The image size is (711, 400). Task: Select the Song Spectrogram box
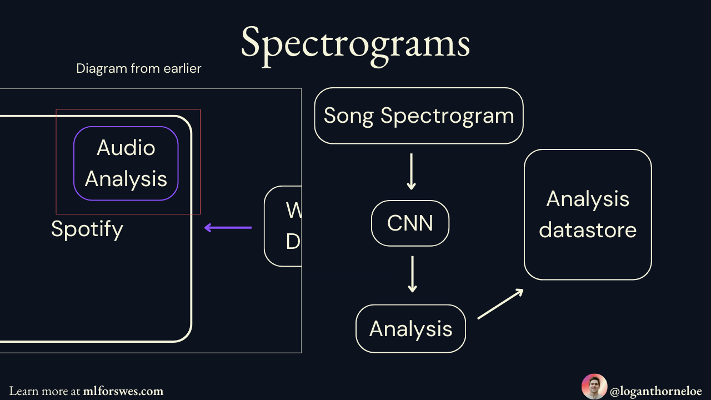tap(419, 116)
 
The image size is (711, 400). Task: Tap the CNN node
tap(410, 223)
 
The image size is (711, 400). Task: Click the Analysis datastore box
tap(588, 214)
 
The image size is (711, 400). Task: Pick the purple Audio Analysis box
tap(126, 163)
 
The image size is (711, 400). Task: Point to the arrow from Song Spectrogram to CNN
tap(411, 172)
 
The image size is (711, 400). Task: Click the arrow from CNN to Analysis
tap(412, 274)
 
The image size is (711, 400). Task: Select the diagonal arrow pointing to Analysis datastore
tap(500, 304)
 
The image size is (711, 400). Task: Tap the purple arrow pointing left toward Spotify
tap(228, 227)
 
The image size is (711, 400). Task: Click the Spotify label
tap(87, 229)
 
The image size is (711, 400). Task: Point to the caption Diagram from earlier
tap(139, 69)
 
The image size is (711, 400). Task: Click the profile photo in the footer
tap(594, 387)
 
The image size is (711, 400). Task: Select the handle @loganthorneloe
tap(656, 391)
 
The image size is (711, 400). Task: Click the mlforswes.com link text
tap(123, 391)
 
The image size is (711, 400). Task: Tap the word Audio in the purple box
tap(126, 148)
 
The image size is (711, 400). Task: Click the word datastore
tap(588, 230)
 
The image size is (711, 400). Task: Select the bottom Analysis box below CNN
tap(410, 329)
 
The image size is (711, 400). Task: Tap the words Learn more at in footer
tap(45, 391)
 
